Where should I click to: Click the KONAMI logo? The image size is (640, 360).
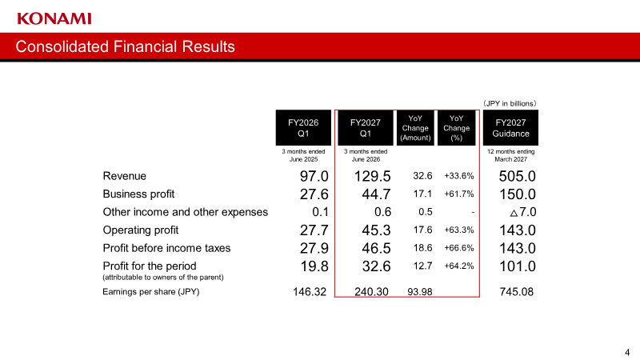tap(54, 18)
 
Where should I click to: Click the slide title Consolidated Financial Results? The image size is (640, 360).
tap(126, 46)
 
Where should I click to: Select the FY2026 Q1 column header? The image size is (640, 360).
tap(303, 128)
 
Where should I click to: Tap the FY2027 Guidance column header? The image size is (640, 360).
tap(510, 128)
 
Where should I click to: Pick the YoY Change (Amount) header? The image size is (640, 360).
tap(415, 128)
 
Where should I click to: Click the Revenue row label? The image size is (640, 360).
tap(125, 176)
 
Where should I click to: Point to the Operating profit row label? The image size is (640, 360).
tap(141, 230)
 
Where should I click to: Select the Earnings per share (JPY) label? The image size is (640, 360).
tap(151, 292)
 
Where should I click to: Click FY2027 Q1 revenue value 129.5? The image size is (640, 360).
tap(372, 176)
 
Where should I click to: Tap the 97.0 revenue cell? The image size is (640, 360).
tap(314, 176)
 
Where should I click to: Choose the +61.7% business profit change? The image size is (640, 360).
tap(459, 194)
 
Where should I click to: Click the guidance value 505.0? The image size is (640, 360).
tap(517, 176)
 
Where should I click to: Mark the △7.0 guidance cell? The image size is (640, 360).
tap(523, 212)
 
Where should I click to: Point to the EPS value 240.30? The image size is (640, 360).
tap(371, 292)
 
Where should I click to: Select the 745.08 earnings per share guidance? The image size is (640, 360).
tap(516, 292)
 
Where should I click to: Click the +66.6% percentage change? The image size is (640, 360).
tap(459, 248)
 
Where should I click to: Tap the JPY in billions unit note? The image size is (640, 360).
tap(510, 104)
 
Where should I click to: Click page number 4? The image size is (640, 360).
tap(627, 353)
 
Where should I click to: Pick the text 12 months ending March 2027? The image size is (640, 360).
tap(510, 155)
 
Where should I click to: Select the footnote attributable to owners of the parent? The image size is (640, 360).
tap(163, 278)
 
